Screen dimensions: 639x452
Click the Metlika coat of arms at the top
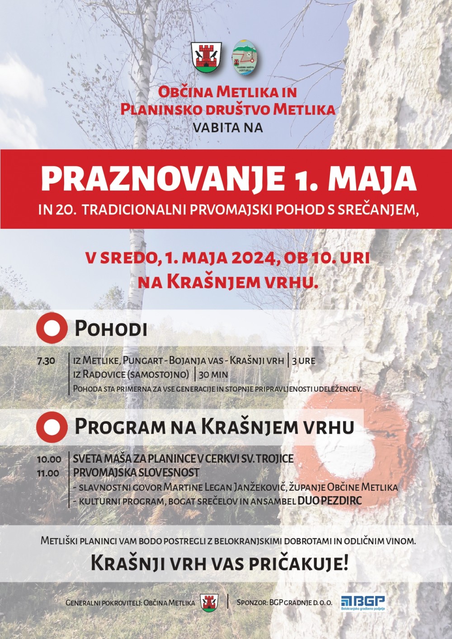[206, 57]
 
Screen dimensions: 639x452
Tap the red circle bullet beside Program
[52, 426]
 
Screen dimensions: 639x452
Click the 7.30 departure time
[46, 361]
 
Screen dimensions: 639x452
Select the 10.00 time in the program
[49, 459]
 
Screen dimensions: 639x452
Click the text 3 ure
[304, 361]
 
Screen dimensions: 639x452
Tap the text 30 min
[213, 374]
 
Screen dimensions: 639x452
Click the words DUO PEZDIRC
[330, 501]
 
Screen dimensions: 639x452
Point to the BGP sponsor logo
[363, 602]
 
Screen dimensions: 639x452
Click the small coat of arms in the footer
[209, 602]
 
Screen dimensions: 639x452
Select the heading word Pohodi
[111, 328]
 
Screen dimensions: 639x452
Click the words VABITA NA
[227, 128]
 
